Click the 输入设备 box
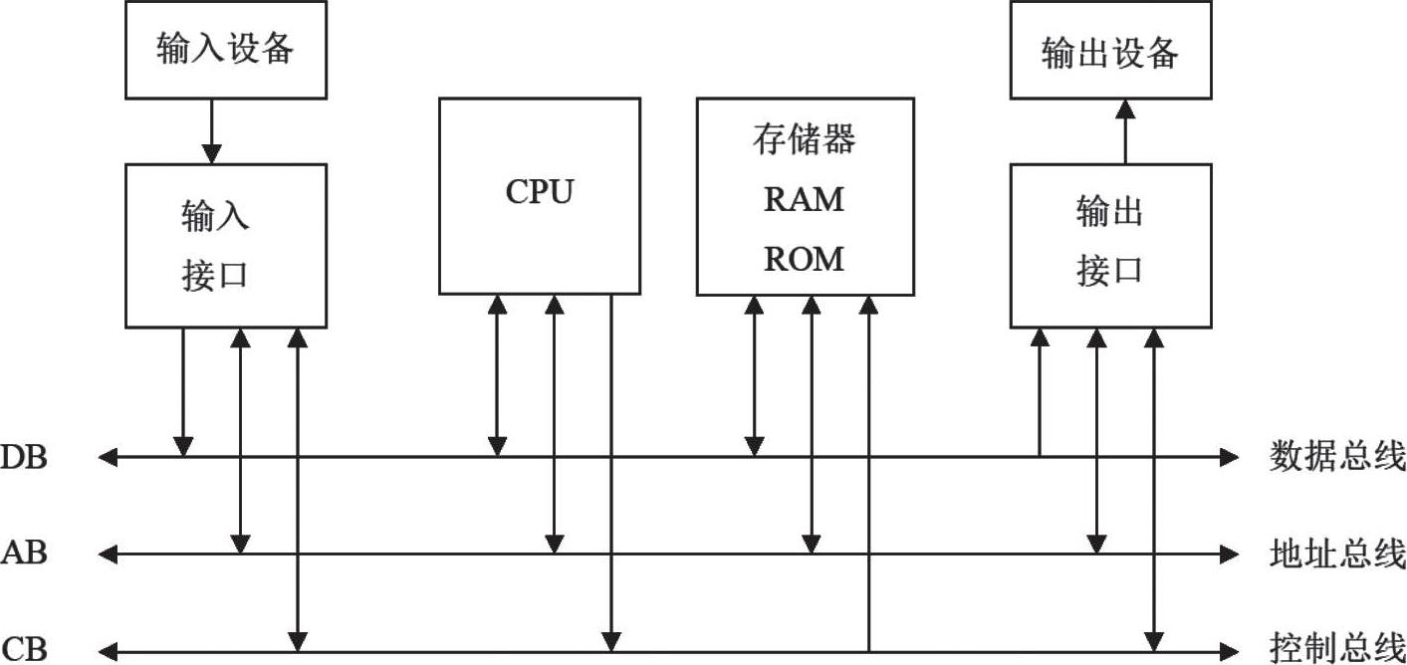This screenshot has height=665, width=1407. (225, 49)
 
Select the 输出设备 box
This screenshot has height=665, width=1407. (1110, 50)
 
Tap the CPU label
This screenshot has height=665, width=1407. (539, 191)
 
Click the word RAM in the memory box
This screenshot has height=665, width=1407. (804, 199)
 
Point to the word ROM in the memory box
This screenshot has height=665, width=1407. (804, 259)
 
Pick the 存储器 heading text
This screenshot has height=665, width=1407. (804, 139)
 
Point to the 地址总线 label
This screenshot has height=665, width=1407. (1337, 552)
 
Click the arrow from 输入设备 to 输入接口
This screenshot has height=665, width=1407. (211, 130)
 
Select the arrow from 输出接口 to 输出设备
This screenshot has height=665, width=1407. (1124, 130)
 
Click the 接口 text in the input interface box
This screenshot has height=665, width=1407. (214, 275)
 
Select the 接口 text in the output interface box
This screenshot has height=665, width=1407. (1109, 270)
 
